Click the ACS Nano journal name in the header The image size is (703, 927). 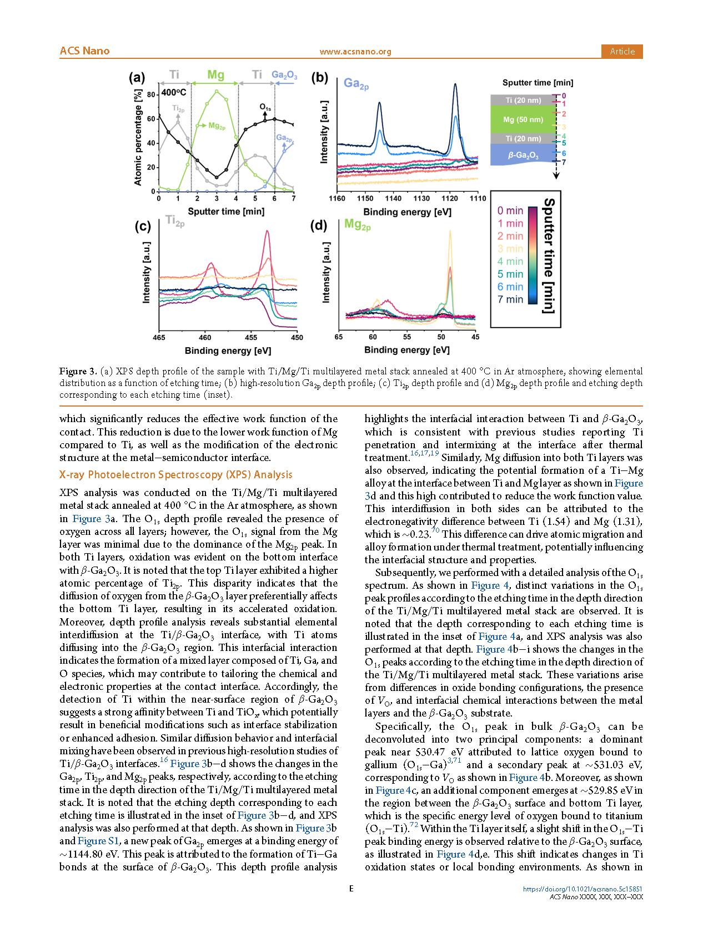click(x=84, y=51)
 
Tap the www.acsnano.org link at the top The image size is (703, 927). click(x=355, y=52)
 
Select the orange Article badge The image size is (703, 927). click(x=622, y=51)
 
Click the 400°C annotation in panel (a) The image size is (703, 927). click(x=174, y=92)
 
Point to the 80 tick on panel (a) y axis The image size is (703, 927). click(x=151, y=95)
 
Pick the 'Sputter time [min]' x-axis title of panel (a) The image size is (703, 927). click(x=226, y=212)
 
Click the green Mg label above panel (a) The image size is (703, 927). click(x=215, y=75)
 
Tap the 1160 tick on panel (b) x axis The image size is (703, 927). click(x=337, y=198)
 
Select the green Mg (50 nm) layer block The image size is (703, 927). click(x=523, y=119)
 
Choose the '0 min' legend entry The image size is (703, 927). click(x=510, y=211)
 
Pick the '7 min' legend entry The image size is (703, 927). click(x=510, y=299)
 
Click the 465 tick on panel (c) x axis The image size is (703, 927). click(x=159, y=337)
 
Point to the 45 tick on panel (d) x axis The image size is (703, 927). click(x=475, y=337)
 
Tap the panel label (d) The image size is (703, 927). click(x=319, y=226)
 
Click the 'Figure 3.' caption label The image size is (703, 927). click(x=78, y=372)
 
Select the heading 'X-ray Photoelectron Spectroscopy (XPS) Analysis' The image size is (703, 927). click(x=175, y=475)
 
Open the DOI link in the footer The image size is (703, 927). click(x=583, y=889)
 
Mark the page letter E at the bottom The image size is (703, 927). click(x=351, y=889)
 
